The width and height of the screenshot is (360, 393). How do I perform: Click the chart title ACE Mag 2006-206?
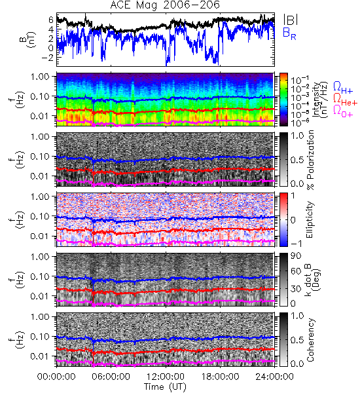[165, 5]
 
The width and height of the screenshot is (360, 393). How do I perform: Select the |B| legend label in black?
[291, 20]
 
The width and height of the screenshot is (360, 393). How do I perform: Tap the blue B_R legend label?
[289, 33]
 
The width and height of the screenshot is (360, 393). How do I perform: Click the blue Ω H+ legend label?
[343, 88]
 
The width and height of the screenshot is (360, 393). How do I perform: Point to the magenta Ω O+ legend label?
[343, 111]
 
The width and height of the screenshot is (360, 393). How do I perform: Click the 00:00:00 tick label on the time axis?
[56, 377]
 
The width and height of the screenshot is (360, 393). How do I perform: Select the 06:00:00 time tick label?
[111, 377]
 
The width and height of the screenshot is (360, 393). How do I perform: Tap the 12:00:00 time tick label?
[166, 377]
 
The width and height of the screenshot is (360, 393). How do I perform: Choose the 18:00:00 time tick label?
[220, 377]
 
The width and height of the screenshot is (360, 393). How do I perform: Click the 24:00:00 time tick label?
[274, 377]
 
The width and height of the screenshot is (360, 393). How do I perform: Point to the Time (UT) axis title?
[166, 387]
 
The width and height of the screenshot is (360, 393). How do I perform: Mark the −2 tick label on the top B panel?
[47, 58]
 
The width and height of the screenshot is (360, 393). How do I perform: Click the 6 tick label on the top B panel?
[51, 20]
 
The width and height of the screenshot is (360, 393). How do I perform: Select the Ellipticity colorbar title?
[310, 219]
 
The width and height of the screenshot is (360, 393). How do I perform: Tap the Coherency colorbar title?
[310, 340]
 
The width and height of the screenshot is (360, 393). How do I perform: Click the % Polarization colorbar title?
[310, 160]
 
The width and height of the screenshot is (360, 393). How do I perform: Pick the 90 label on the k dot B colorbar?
[296, 255]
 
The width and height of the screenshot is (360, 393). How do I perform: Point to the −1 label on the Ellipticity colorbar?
[295, 243]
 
